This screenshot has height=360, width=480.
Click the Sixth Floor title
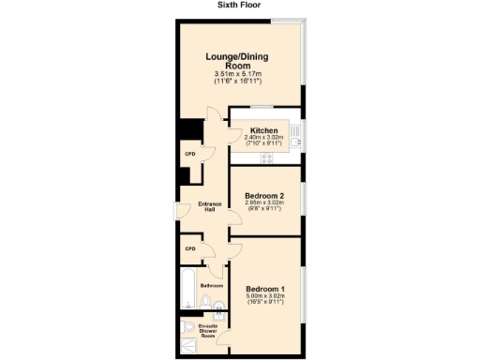coord(240,5)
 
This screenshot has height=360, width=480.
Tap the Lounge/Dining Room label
coord(240,61)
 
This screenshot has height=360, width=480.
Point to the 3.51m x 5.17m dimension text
coord(240,74)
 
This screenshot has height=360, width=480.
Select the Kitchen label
coord(263,131)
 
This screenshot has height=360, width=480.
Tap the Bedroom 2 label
coord(265,196)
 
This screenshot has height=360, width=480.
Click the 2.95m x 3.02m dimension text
coord(265,205)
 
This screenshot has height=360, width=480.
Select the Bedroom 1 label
coord(265,288)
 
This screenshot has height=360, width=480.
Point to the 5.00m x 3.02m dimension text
coord(265,297)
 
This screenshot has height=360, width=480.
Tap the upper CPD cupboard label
coord(189,152)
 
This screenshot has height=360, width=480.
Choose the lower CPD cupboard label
coord(189,248)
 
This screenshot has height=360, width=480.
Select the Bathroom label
coord(211,285)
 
